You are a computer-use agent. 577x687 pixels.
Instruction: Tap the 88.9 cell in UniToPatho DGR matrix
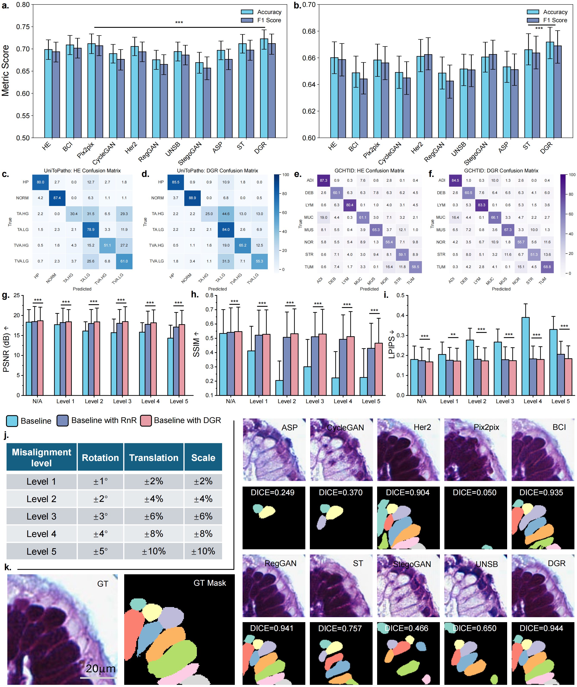(193, 198)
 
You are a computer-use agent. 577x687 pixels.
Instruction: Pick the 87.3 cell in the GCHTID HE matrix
(323, 180)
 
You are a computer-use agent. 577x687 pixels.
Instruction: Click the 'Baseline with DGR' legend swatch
(146, 421)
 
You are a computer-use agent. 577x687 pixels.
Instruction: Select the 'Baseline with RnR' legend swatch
(63, 421)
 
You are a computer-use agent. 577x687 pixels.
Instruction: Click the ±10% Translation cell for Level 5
(154, 551)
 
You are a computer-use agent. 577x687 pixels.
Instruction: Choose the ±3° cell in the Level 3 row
(100, 516)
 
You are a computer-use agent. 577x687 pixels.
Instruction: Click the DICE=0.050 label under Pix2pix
(475, 492)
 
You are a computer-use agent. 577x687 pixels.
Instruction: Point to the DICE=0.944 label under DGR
(541, 628)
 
